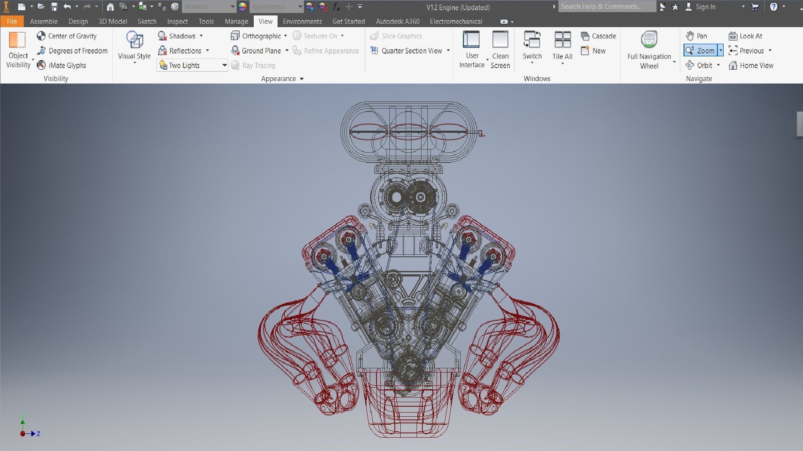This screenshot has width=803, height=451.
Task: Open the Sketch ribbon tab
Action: pyautogui.click(x=147, y=21)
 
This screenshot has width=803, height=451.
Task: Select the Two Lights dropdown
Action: pyautogui.click(x=192, y=65)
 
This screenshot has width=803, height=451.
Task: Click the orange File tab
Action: pyautogui.click(x=12, y=21)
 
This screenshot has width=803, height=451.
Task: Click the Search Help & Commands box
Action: pyautogui.click(x=606, y=7)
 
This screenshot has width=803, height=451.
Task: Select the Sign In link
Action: pyautogui.click(x=705, y=7)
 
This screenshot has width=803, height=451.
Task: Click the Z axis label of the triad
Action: pyautogui.click(x=38, y=434)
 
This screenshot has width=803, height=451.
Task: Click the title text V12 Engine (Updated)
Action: pyautogui.click(x=458, y=7)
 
